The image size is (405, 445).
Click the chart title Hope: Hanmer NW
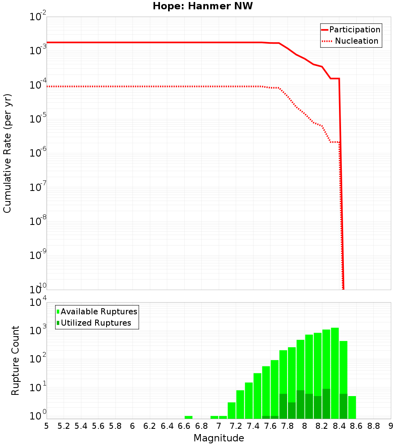tap(202, 6)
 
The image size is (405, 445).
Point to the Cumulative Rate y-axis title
tap(7, 153)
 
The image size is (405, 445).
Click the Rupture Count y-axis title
tap(15, 360)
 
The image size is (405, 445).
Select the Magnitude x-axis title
tap(219, 438)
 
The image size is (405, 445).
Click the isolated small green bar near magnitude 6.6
tap(188, 417)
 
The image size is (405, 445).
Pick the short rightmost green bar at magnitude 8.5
tap(352, 407)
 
